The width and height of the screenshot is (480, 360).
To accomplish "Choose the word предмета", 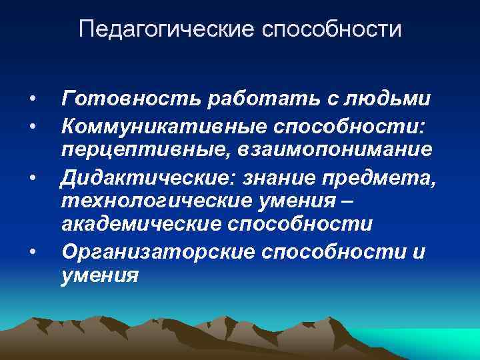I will [377, 176].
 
